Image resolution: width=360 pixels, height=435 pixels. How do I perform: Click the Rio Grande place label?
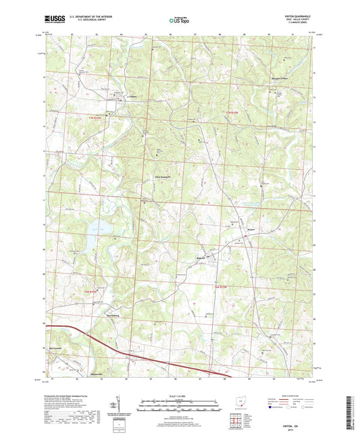(59, 349)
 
